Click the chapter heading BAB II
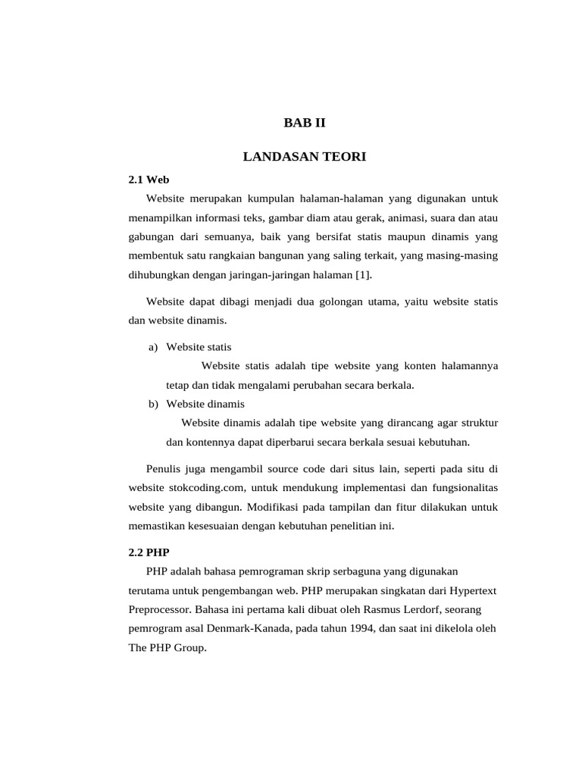tap(304, 122)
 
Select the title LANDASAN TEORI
tap(304, 157)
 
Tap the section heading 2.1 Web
tap(148, 180)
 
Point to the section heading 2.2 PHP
tap(149, 552)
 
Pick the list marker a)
tap(153, 347)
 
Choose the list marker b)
tap(153, 404)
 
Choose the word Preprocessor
tap(160, 609)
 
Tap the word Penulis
tap(164, 468)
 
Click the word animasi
tap(378, 217)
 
